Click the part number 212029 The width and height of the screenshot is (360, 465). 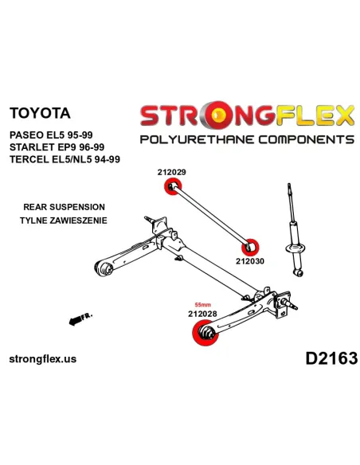(x=171, y=172)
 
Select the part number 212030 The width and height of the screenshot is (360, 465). (x=249, y=261)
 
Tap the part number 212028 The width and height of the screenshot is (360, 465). (x=202, y=314)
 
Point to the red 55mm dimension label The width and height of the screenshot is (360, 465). (x=202, y=305)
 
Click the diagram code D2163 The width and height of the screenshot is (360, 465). (x=331, y=358)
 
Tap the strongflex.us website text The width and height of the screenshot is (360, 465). (x=43, y=359)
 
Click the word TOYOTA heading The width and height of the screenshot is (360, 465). (x=40, y=113)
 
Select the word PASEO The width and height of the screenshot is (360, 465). (x=26, y=135)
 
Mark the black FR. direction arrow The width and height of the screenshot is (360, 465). (x=80, y=318)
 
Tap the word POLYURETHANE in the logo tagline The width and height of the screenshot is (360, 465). (x=197, y=139)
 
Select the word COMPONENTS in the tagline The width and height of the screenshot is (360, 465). (x=307, y=139)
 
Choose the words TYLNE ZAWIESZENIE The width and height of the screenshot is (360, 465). (x=64, y=221)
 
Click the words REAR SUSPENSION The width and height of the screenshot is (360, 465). (x=64, y=207)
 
